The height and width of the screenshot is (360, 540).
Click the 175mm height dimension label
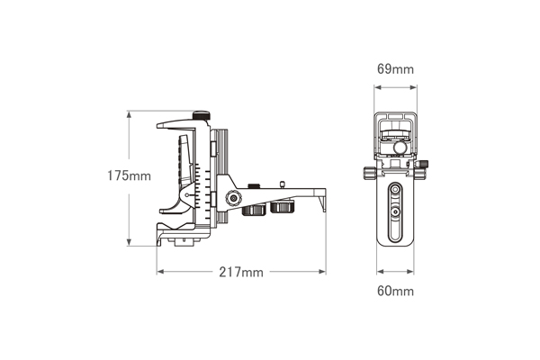pyautogui.click(x=129, y=176)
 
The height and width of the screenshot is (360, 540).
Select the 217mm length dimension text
pyautogui.click(x=241, y=273)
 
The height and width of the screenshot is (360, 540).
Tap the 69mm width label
pyautogui.click(x=395, y=69)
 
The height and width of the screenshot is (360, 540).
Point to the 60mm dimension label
pyautogui.click(x=395, y=292)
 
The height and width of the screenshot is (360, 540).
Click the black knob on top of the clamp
pyautogui.click(x=201, y=115)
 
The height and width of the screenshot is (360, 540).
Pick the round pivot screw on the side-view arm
pyautogui.click(x=233, y=198)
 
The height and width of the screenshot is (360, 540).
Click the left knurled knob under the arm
pyautogui.click(x=254, y=209)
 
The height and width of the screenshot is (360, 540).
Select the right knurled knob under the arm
pyautogui.click(x=283, y=207)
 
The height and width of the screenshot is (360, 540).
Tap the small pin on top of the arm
pyautogui.click(x=283, y=184)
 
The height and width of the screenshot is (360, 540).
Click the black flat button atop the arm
pyautogui.click(x=254, y=186)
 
